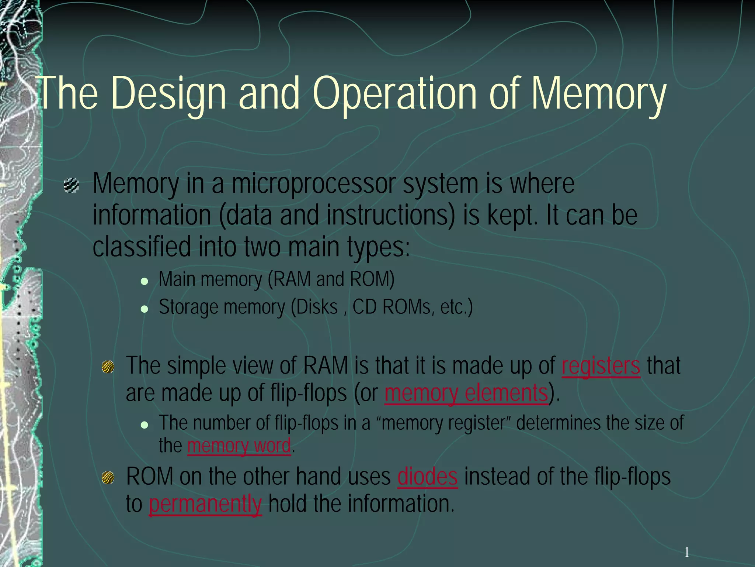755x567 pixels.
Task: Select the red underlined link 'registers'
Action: (601, 366)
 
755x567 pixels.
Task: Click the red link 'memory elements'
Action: (466, 393)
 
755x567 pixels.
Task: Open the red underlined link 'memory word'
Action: (239, 445)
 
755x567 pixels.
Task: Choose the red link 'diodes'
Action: (428, 477)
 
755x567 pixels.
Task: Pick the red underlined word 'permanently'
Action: (205, 504)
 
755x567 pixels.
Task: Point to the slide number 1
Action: (686, 553)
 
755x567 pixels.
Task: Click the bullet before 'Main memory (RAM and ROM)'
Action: (145, 281)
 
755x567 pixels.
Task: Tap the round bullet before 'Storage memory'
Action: (145, 309)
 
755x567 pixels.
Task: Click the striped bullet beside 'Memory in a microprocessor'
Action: (71, 185)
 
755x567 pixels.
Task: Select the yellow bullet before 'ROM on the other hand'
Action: (108, 478)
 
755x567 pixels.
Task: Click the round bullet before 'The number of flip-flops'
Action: (145, 425)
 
